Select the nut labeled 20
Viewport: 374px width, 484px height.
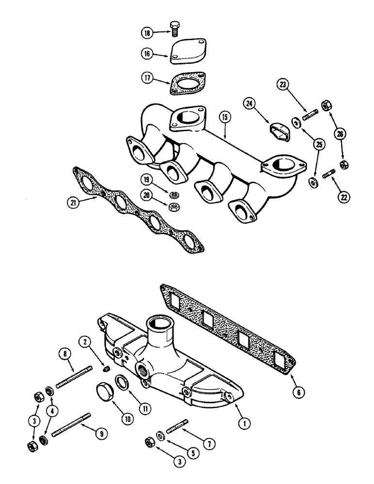pos(173,206)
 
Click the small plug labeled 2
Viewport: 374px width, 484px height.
pos(105,370)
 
